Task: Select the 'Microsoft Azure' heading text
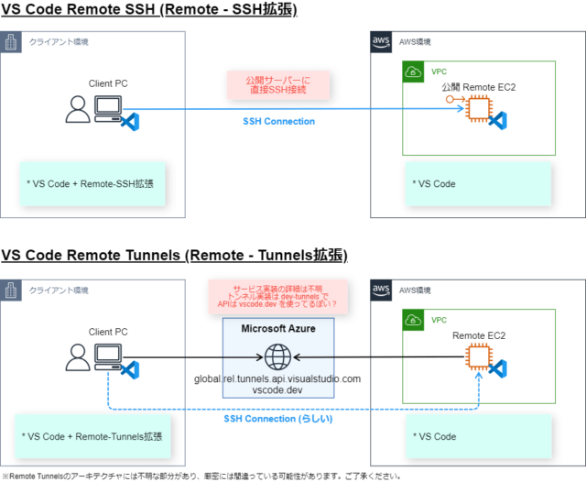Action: tap(278, 329)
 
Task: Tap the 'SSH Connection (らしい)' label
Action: tap(278, 418)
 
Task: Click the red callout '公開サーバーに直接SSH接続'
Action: tap(277, 86)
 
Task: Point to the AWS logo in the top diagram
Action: tap(382, 42)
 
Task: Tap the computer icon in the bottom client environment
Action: tap(108, 356)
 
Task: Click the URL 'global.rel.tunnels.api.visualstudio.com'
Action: tap(277, 378)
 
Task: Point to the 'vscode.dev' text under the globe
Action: tap(277, 390)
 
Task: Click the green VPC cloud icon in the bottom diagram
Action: tap(413, 321)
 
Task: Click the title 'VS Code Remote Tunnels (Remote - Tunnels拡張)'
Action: tap(174, 254)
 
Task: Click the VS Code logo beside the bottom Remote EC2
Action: tap(498, 368)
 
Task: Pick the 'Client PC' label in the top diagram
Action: tap(108, 83)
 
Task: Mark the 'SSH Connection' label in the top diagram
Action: tap(278, 121)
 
